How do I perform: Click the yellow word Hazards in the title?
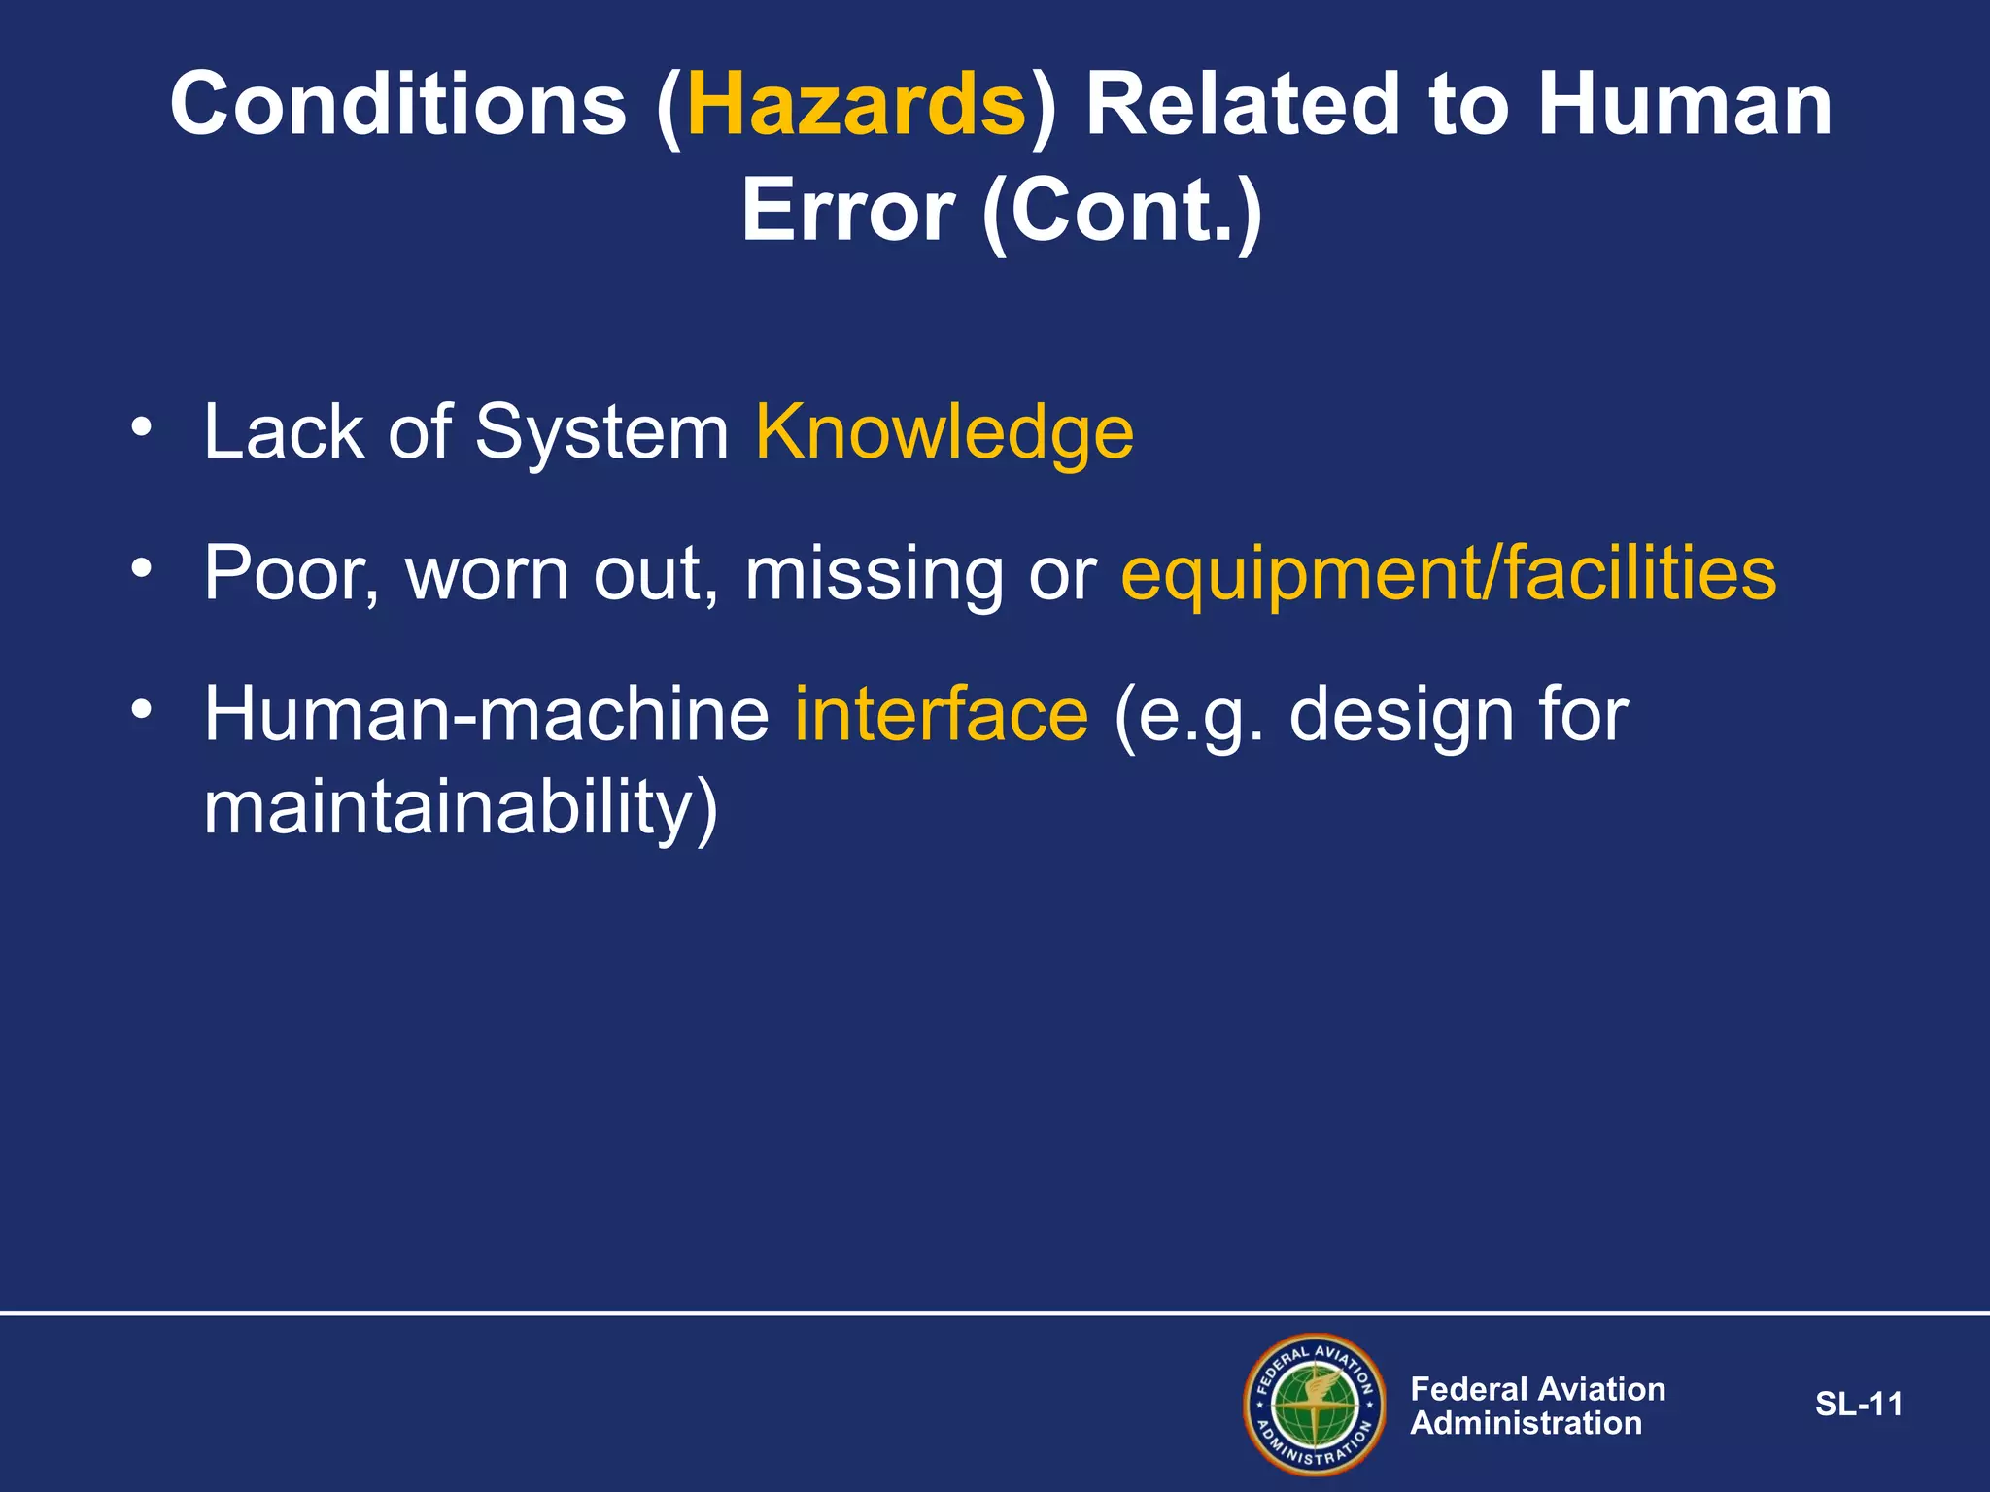coord(856,105)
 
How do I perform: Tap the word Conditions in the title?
coord(398,105)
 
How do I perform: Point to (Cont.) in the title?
coord(1122,211)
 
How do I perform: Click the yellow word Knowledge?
coord(944,432)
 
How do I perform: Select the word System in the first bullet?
coord(601,432)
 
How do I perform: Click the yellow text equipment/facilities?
coord(1448,573)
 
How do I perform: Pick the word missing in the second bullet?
coord(874,573)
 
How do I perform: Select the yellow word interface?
coord(942,714)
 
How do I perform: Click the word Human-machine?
coord(486,714)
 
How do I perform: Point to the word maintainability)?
coord(461,808)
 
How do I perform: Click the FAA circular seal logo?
coord(1315,1405)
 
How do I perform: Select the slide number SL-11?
coord(1858,1405)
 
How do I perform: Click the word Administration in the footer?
coord(1526,1423)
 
